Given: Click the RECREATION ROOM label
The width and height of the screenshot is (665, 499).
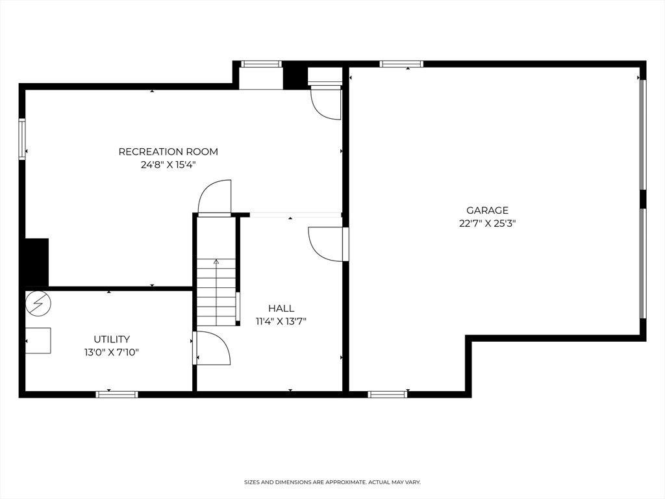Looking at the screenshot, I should pyautogui.click(x=168, y=151).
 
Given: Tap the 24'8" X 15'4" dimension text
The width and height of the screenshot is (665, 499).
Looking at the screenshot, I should pyautogui.click(x=168, y=165).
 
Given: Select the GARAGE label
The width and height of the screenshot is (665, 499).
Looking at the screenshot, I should pyautogui.click(x=487, y=211).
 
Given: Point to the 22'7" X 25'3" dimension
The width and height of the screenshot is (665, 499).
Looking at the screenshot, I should pyautogui.click(x=487, y=224).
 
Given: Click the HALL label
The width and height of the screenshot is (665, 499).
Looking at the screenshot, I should pyautogui.click(x=281, y=309).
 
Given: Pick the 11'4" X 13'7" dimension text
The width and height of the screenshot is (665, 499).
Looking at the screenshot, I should pyautogui.click(x=281, y=321).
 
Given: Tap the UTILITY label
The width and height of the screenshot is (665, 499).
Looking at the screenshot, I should pyautogui.click(x=112, y=339).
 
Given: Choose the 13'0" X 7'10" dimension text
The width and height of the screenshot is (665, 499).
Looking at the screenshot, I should pyautogui.click(x=112, y=352).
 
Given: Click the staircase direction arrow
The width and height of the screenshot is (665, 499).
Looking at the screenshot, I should pyautogui.click(x=216, y=262).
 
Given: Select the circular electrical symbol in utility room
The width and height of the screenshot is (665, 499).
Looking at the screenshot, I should pyautogui.click(x=37, y=303).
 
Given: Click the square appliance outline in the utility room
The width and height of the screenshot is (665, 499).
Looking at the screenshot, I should pyautogui.click(x=38, y=340).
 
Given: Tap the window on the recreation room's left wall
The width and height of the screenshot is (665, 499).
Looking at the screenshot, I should pyautogui.click(x=22, y=139).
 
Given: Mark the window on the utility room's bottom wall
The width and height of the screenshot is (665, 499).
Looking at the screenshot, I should pyautogui.click(x=117, y=394).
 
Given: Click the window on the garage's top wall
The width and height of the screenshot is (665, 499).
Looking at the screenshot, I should pyautogui.click(x=401, y=64).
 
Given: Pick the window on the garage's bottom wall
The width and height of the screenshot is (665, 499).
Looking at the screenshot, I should pyautogui.click(x=388, y=394).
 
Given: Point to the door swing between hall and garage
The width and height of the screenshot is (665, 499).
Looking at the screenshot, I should pyautogui.click(x=327, y=244).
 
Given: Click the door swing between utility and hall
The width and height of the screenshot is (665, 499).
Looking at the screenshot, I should pyautogui.click(x=213, y=348).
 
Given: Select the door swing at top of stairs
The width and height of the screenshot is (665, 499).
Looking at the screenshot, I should pyautogui.click(x=215, y=197).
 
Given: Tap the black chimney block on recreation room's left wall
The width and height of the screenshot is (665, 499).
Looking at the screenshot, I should pyautogui.click(x=36, y=262).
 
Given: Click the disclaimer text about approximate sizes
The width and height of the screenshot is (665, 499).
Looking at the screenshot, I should pyautogui.click(x=332, y=482).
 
